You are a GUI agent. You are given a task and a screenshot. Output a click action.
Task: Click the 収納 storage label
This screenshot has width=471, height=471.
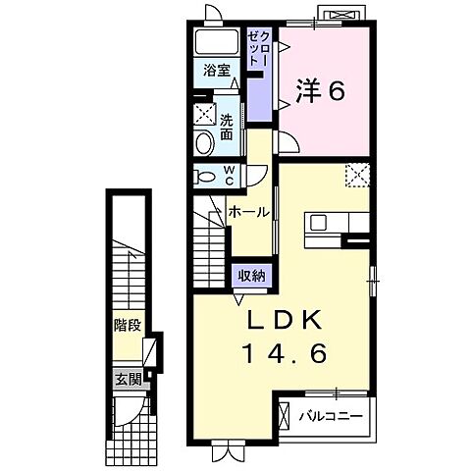(250, 276)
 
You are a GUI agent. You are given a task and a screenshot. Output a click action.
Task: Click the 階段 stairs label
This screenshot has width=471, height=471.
(124, 322)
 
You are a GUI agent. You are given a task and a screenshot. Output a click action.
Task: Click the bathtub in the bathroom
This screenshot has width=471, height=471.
(215, 42)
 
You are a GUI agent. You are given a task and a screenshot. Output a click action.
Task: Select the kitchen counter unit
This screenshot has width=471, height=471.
(338, 222)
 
